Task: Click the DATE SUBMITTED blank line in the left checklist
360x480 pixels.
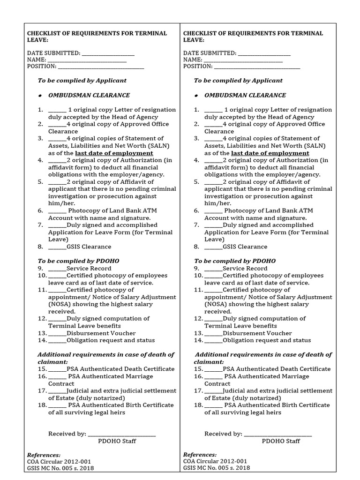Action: [x=108, y=55]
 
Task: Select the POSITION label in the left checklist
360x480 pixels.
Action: [x=42, y=67]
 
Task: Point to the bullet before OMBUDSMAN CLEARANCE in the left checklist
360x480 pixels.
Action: [x=41, y=96]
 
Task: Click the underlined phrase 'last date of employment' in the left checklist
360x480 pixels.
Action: [x=114, y=153]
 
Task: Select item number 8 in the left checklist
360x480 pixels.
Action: [x=41, y=247]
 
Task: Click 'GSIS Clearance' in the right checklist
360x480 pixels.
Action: [x=245, y=247]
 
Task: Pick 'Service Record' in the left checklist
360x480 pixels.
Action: [x=89, y=269]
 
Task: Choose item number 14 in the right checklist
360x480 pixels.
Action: [x=198, y=340]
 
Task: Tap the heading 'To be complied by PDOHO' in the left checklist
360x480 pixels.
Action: [x=78, y=261]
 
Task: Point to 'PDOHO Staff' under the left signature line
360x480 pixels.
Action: [x=117, y=441]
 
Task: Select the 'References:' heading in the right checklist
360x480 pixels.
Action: [x=200, y=455]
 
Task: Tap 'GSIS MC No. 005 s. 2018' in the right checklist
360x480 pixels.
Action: [x=217, y=468]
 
